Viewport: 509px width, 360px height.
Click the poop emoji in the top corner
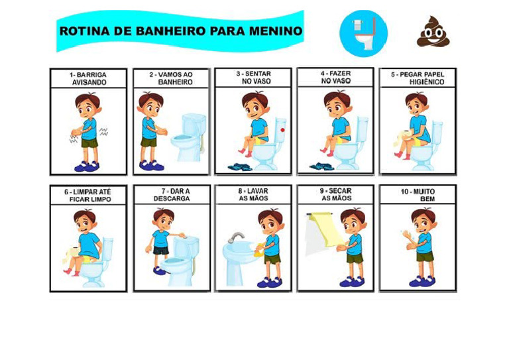click(x=433, y=32)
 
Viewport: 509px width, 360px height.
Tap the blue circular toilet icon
click(x=363, y=33)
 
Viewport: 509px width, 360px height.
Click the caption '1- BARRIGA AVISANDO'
click(x=89, y=79)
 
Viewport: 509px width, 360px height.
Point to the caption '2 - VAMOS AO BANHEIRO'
click(x=171, y=79)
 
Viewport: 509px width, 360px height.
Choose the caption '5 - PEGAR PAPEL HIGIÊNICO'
click(x=418, y=78)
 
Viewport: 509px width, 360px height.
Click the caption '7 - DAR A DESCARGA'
click(x=172, y=195)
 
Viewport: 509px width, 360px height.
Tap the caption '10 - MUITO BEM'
click(x=418, y=195)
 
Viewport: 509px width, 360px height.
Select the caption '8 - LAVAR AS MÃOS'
click(x=253, y=194)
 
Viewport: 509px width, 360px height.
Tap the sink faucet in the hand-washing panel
click(x=236, y=237)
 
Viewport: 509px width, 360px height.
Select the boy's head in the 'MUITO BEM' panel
click(x=421, y=218)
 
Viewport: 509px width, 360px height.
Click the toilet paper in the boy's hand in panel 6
click(x=71, y=250)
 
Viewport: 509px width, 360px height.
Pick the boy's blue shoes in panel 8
click(x=269, y=282)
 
